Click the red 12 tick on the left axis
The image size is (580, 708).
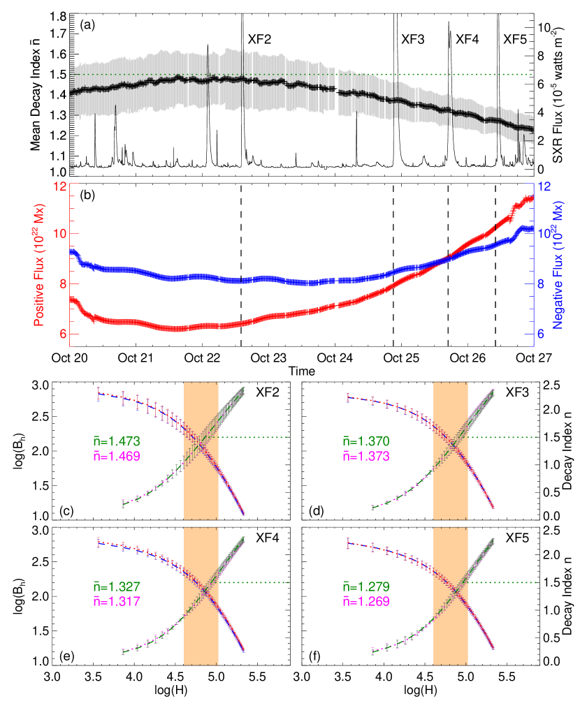60,186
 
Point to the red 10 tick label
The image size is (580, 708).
60,234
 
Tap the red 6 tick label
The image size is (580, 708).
63,334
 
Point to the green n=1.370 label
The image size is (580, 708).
366,441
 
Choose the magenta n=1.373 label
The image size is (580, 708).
366,456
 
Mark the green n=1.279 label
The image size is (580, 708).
366,587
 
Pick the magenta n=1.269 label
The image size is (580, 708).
366,601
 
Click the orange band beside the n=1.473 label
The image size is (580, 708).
201,450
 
